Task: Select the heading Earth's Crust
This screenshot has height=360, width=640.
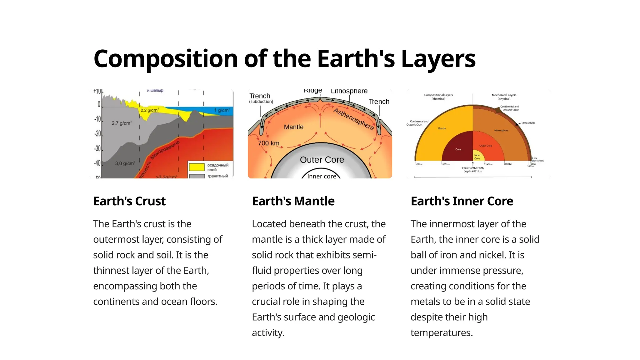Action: (129, 201)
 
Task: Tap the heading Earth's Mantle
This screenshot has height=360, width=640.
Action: (293, 201)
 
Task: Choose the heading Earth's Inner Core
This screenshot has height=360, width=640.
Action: (462, 201)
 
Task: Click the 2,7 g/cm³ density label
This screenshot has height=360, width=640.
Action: (122, 123)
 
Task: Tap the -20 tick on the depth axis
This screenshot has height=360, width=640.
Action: (98, 134)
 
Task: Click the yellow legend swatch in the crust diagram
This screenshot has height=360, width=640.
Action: (197, 167)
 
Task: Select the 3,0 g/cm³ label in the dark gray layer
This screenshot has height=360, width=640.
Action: (125, 163)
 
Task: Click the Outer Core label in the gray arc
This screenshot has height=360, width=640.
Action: (322, 160)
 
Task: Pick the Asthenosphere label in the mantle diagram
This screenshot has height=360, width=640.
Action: (353, 119)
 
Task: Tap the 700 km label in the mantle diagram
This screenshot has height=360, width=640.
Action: (268, 143)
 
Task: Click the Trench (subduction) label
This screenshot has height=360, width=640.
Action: (261, 98)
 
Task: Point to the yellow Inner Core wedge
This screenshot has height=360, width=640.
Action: (478, 157)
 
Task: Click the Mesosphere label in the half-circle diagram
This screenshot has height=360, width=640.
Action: (501, 130)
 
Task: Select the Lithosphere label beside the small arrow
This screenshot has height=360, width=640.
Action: (528, 123)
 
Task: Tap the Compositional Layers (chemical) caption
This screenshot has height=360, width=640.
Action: (438, 97)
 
